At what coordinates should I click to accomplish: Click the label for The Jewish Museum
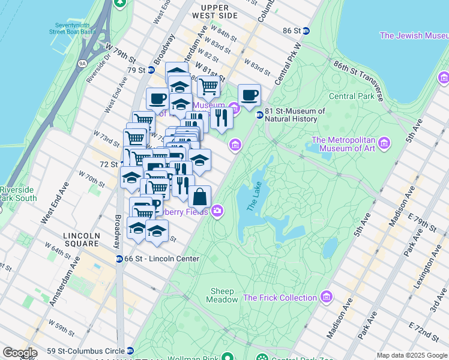(414, 35)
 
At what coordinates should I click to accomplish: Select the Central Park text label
(351, 96)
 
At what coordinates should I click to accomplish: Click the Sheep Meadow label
(222, 295)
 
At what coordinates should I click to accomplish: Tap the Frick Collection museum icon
(327, 297)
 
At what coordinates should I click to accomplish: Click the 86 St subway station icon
(306, 31)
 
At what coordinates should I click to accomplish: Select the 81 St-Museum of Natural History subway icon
(259, 115)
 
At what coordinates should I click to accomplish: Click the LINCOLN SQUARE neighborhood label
(82, 239)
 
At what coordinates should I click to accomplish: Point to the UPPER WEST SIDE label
(215, 11)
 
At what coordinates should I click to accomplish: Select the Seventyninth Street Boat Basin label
(73, 29)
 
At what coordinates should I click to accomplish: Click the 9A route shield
(83, 62)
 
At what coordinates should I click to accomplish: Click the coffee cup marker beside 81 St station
(249, 95)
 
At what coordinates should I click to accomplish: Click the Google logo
(19, 353)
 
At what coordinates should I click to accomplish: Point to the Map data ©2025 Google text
(412, 355)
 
